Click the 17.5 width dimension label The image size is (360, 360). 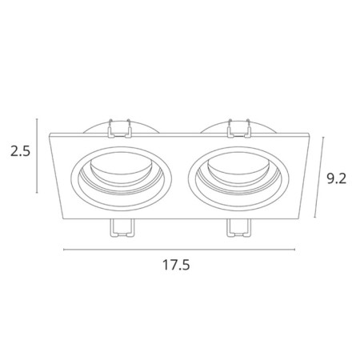coord(176,265)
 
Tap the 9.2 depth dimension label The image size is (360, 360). coord(337,178)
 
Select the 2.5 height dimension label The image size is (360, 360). coord(21,151)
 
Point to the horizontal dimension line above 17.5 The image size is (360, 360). coord(179,250)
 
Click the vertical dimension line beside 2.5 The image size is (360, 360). coord(37,155)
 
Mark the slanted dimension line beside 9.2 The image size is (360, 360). coord(319,178)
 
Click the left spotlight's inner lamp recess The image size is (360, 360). coord(122,172)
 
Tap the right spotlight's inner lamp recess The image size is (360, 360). coord(239,172)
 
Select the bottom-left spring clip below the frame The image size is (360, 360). coord(122,228)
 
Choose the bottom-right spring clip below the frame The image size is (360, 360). coord(239,228)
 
